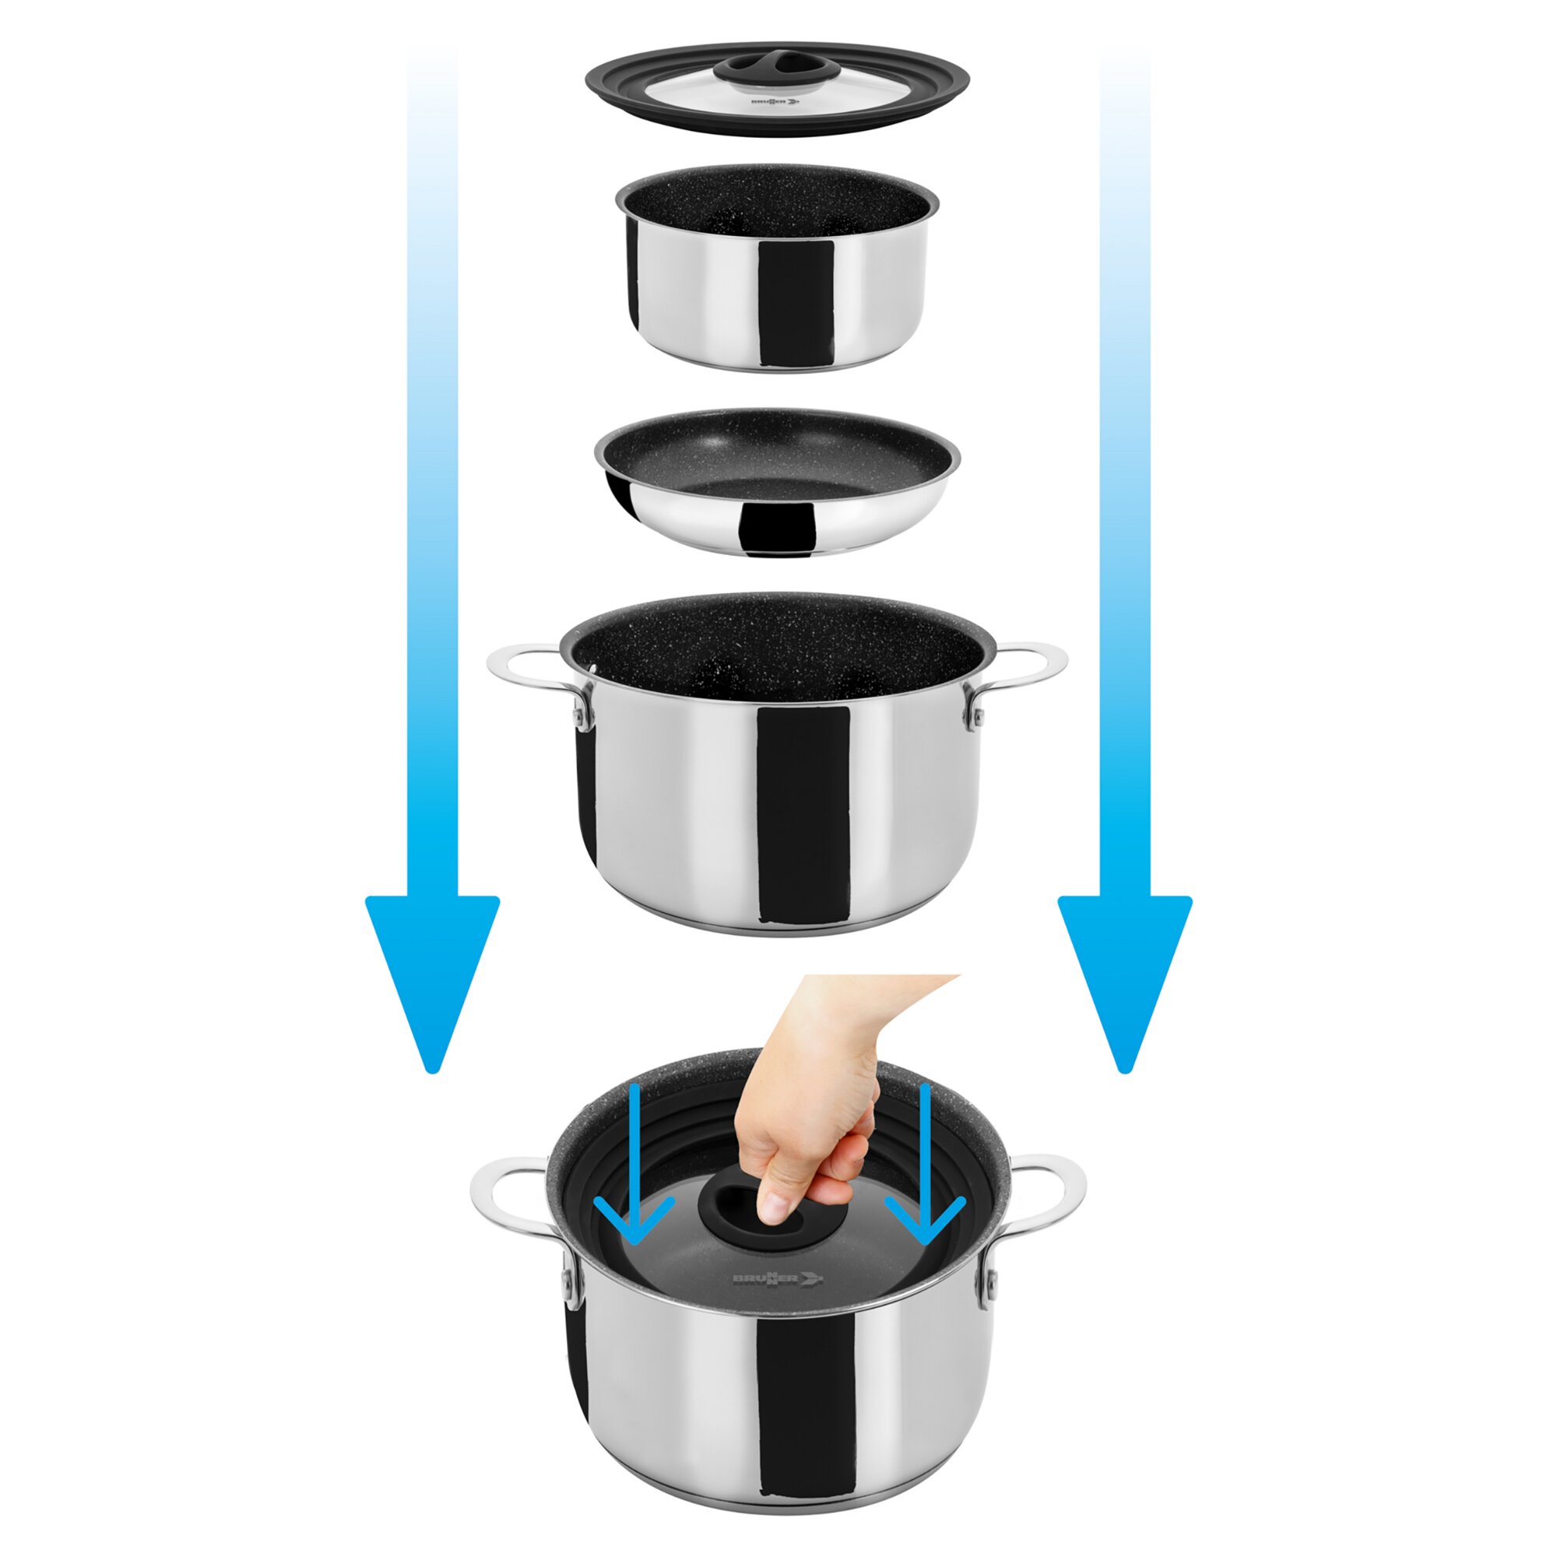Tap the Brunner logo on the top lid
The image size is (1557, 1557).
pyautogui.click(x=774, y=102)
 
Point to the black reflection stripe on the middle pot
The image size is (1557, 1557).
pyautogui.click(x=804, y=814)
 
